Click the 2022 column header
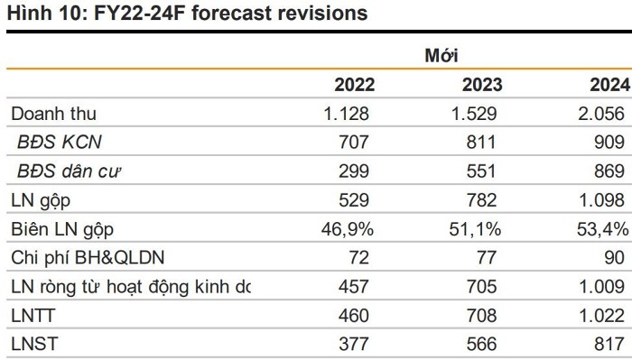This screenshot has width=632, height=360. coord(354,85)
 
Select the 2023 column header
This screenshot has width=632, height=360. coord(482,85)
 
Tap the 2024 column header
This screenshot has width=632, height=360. coord(609,85)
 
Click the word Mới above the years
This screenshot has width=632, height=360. coord(441,55)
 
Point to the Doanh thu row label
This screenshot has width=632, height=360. coord(53,114)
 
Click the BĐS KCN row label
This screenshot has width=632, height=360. coord(60,142)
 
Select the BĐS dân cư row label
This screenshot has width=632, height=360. coord(69,171)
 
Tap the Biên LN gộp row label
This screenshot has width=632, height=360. coord(62,229)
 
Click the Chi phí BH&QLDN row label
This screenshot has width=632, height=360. coord(88,258)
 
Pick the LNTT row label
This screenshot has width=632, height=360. coord(33,315)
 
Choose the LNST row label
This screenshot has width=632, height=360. coord(34,345)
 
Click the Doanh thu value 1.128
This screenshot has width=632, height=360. coord(346,114)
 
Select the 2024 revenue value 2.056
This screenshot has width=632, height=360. coord(601,114)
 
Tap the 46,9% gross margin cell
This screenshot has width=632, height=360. coord(348,229)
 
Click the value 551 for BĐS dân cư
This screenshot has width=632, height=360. coord(481,171)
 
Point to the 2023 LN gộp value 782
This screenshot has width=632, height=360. coord(481,200)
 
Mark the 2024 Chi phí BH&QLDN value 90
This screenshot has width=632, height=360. coord(615,258)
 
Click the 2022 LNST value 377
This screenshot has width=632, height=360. coord(354,345)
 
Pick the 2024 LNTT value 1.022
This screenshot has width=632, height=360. coord(602,316)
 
